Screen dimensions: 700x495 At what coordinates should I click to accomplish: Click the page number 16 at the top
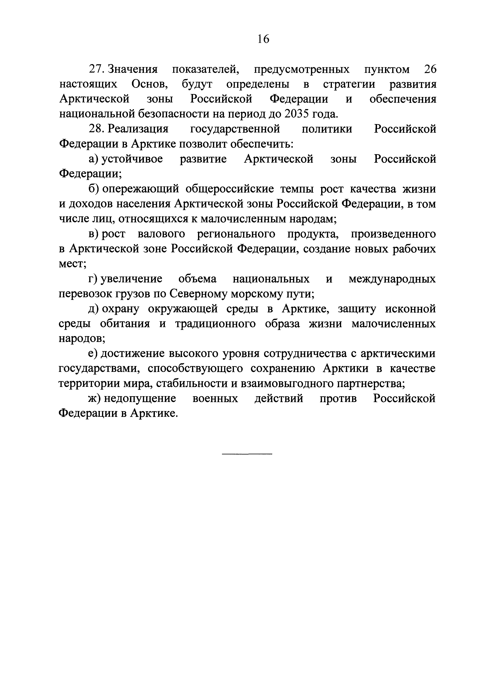(x=263, y=39)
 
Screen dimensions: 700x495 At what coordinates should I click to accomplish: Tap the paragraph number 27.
(x=96, y=69)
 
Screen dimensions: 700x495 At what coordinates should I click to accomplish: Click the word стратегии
(x=349, y=84)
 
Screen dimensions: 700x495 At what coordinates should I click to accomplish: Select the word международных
(x=392, y=279)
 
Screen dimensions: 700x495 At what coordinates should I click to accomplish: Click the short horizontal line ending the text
(x=247, y=454)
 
